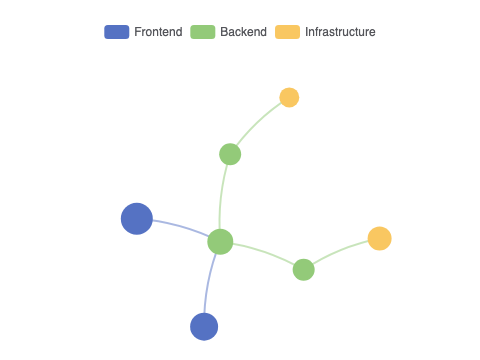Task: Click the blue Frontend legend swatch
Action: click(x=117, y=32)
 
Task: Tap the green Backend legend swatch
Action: click(x=203, y=32)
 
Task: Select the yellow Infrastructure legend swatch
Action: click(x=287, y=32)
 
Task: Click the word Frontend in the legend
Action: click(x=158, y=32)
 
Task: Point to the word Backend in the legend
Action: click(x=244, y=32)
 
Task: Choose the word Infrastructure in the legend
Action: click(x=340, y=32)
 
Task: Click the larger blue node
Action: click(x=137, y=219)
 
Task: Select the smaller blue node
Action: click(x=204, y=327)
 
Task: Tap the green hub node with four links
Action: click(x=220, y=242)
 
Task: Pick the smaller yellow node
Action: click(x=289, y=97)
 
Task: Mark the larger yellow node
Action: click(x=380, y=238)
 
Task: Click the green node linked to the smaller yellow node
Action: click(x=230, y=154)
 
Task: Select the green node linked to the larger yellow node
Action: click(x=304, y=270)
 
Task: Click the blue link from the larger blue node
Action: click(x=182, y=226)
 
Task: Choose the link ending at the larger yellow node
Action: click(x=340, y=251)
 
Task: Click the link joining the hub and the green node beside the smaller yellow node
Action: click(x=221, y=197)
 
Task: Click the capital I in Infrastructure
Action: click(x=307, y=32)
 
